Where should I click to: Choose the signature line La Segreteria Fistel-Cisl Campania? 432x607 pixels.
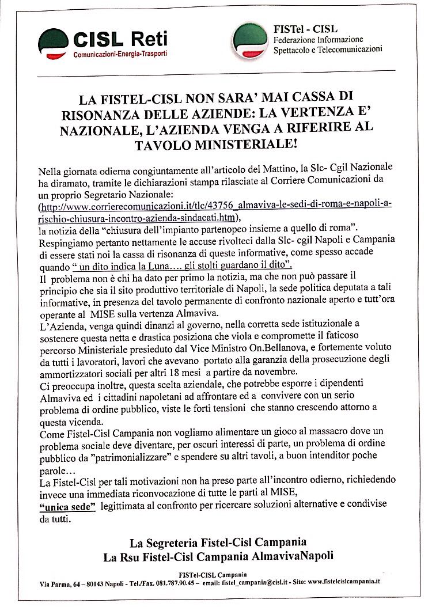[217, 542]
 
